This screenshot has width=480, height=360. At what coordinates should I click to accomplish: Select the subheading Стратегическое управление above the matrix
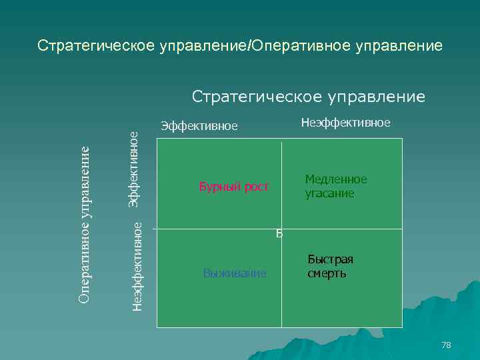click(308, 97)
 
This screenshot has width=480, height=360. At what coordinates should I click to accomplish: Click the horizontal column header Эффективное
click(199, 127)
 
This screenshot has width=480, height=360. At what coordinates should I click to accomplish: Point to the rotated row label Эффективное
click(133, 168)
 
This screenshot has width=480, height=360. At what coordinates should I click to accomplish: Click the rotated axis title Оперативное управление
click(84, 223)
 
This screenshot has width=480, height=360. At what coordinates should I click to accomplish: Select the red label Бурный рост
click(233, 187)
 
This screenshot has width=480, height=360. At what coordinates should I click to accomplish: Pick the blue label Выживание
click(235, 273)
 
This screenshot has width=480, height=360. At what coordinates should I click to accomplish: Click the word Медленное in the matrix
click(336, 179)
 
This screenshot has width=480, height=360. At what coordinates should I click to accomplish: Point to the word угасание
click(330, 193)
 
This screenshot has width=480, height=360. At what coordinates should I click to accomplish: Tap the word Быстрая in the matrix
click(330, 260)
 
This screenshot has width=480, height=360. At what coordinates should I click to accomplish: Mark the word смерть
click(327, 273)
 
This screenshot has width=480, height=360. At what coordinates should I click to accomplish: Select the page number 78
click(446, 345)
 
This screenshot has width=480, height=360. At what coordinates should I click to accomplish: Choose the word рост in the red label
click(255, 187)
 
